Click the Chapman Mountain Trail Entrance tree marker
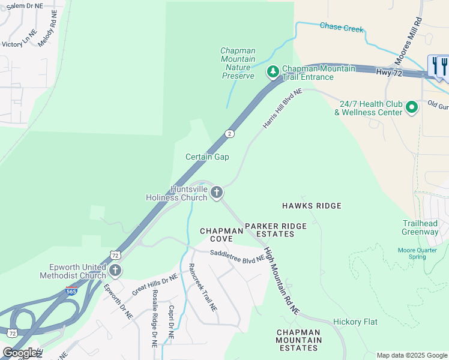273,72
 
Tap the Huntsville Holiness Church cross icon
216,193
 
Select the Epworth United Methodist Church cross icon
114,271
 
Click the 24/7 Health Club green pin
411,107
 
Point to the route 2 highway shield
229,133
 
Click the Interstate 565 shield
71,292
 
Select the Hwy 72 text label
389,72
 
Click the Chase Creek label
342,27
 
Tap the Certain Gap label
207,157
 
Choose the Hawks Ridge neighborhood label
312,206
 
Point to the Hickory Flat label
355,322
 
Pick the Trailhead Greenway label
420,227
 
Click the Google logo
20,353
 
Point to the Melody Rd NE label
47,33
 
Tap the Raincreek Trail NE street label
202,288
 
